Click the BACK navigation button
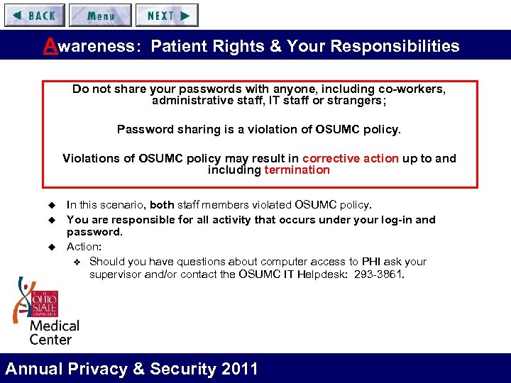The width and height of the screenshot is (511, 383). coord(35,16)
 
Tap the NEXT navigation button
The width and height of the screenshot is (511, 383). coord(167,16)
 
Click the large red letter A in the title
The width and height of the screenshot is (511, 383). coord(50,45)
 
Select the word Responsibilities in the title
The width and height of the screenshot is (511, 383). coord(402,47)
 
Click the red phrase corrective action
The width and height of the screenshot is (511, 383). coord(351,158)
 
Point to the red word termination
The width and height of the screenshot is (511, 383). coord(297,170)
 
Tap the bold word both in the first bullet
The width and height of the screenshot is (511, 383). coord(163,205)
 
